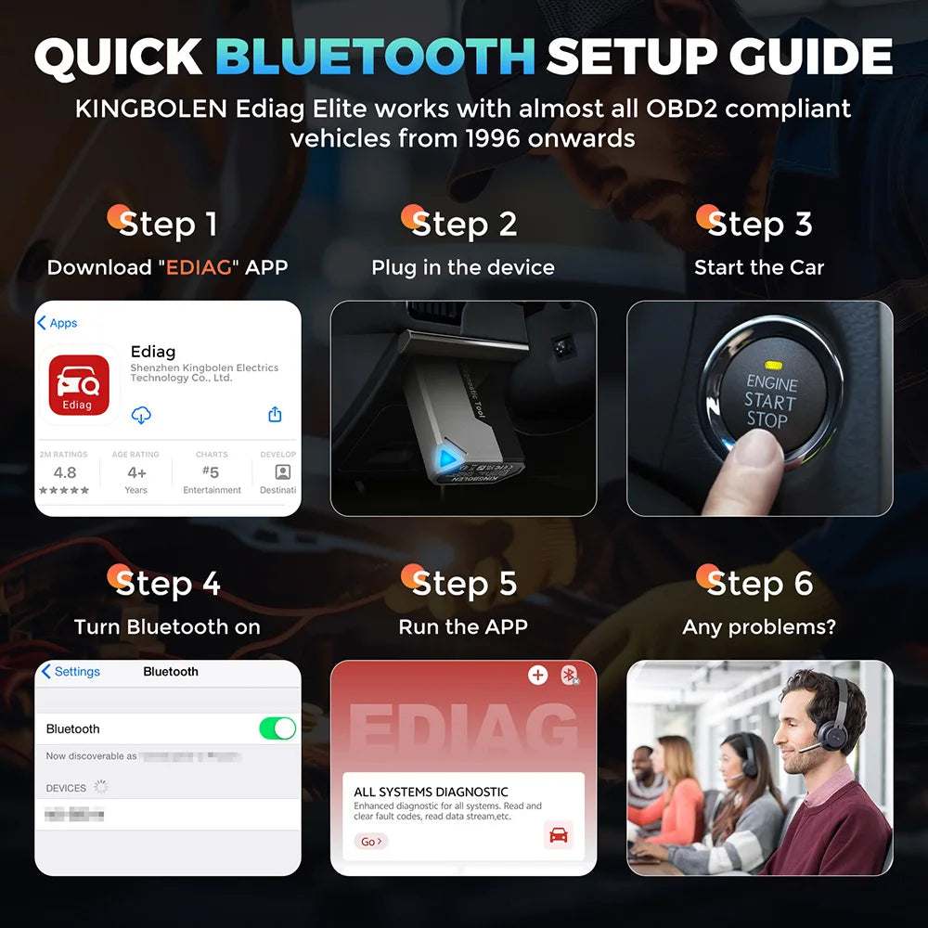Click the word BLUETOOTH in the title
375,57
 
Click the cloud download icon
141,415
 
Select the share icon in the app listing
275,415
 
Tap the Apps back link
57,323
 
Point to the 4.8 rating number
65,473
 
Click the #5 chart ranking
211,472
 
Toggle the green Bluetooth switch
277,728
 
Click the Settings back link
71,672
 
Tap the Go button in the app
370,842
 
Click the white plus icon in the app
537,675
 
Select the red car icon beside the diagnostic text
558,835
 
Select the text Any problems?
758,627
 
